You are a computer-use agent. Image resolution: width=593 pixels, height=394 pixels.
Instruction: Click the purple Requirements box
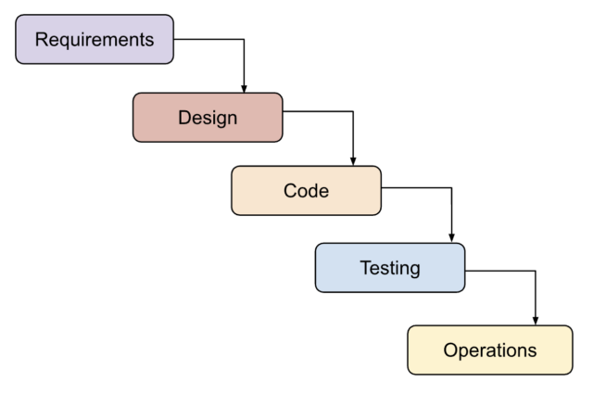point(95,39)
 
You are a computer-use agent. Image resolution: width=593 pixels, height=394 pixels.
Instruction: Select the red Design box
point(208,118)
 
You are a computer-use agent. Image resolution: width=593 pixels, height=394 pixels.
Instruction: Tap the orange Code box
point(306,191)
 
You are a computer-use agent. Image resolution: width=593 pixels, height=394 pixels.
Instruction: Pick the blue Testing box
point(389,268)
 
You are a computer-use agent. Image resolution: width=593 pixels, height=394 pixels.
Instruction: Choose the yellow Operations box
point(489,350)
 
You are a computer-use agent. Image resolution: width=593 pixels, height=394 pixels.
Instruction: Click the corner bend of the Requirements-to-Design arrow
point(244,40)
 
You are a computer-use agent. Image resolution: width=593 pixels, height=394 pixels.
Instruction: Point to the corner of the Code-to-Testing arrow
point(451,188)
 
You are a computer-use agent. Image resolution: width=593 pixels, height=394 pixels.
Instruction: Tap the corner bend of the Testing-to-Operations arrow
point(536,271)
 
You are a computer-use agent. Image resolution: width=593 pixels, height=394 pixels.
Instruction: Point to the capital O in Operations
point(450,350)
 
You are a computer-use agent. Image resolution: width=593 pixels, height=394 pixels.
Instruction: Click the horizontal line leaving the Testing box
point(500,271)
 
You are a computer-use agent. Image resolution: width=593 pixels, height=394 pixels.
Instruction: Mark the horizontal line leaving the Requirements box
point(208,40)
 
